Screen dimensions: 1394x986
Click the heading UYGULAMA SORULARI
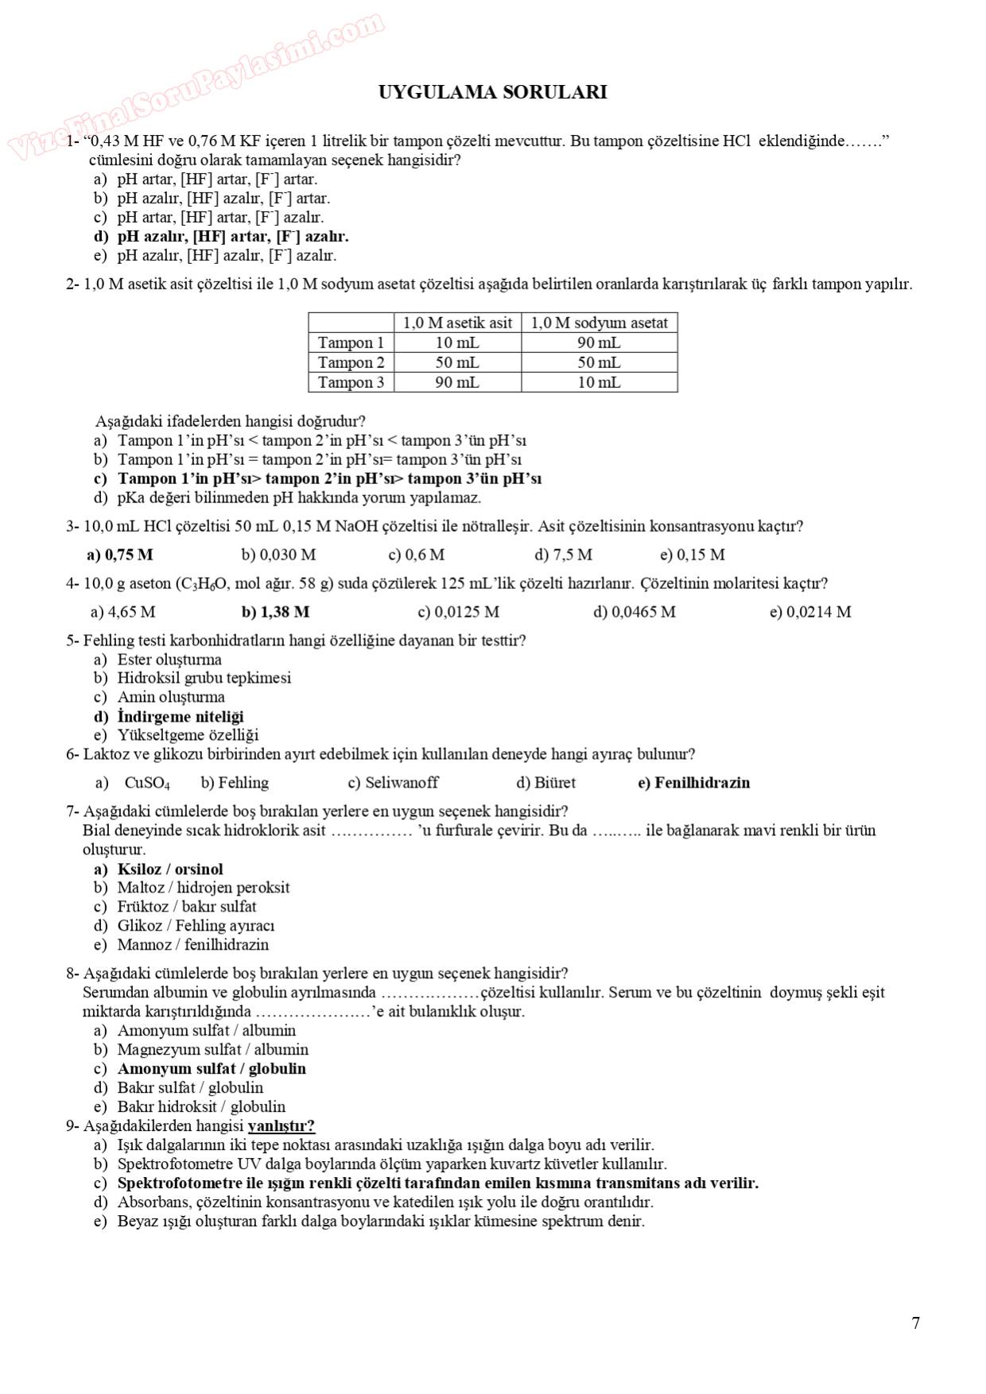[492, 92]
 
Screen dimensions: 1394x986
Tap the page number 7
[915, 1323]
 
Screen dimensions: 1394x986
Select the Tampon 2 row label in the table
[351, 362]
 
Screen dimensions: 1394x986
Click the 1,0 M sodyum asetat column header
[599, 323]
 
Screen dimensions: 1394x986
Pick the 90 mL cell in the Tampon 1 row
[599, 343]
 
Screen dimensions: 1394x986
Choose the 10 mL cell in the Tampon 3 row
[599, 382]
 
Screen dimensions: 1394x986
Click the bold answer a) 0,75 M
[120, 555]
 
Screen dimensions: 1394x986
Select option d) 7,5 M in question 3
[563, 555]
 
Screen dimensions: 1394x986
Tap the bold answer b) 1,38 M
[275, 612]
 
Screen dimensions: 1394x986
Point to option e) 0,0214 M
[809, 612]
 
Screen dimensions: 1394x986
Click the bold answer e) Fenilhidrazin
[693, 783]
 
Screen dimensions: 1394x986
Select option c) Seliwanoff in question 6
[393, 783]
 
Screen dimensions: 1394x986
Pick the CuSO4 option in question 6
[146, 784]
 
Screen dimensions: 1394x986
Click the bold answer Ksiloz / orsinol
[169, 869]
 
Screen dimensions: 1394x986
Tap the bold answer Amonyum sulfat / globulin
[211, 1069]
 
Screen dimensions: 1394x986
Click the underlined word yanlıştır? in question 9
[281, 1126]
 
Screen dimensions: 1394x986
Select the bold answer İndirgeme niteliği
[180, 716]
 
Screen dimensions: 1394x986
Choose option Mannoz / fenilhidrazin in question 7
[192, 945]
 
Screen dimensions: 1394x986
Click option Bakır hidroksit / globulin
[200, 1107]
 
